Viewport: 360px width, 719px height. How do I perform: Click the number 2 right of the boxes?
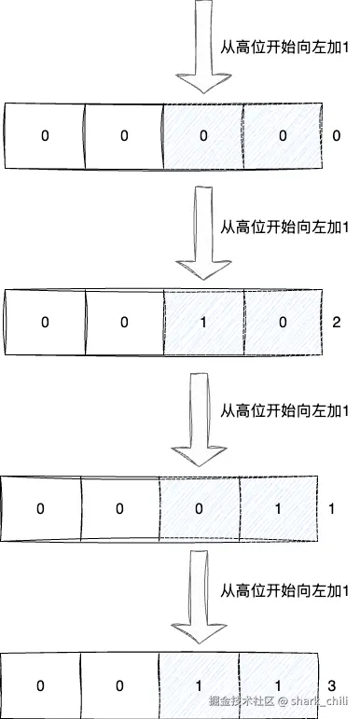pyautogui.click(x=336, y=323)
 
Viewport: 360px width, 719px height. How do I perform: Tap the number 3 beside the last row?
pyautogui.click(x=332, y=686)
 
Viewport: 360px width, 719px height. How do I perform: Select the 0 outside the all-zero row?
pyautogui.click(x=336, y=136)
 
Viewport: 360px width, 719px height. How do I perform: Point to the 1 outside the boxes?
pyautogui.click(x=332, y=509)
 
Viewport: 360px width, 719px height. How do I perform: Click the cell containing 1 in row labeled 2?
pyautogui.click(x=202, y=323)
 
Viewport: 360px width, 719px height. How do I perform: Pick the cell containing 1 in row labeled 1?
pyautogui.click(x=279, y=509)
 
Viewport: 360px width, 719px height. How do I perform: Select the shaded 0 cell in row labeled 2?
pyautogui.click(x=282, y=323)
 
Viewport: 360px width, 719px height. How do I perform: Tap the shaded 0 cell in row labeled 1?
pyautogui.click(x=199, y=509)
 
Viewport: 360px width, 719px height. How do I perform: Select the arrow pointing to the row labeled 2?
pyautogui.click(x=199, y=233)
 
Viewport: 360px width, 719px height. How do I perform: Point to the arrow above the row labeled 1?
pyautogui.click(x=199, y=420)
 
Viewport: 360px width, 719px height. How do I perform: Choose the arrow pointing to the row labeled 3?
pyautogui.click(x=199, y=597)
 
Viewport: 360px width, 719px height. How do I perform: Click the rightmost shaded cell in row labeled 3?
pyautogui.click(x=279, y=686)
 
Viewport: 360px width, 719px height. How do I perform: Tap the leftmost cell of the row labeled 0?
pyautogui.click(x=44, y=136)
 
